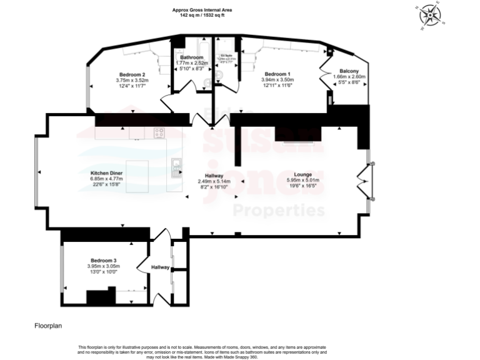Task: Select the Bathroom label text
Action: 191,57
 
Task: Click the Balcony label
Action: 348,71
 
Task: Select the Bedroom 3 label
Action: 103,260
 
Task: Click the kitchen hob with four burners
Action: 159,132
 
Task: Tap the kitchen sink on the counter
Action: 177,166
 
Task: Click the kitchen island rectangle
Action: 137,176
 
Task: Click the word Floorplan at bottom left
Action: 48,326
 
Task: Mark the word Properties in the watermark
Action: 279,210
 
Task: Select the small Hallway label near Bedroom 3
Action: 160,267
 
